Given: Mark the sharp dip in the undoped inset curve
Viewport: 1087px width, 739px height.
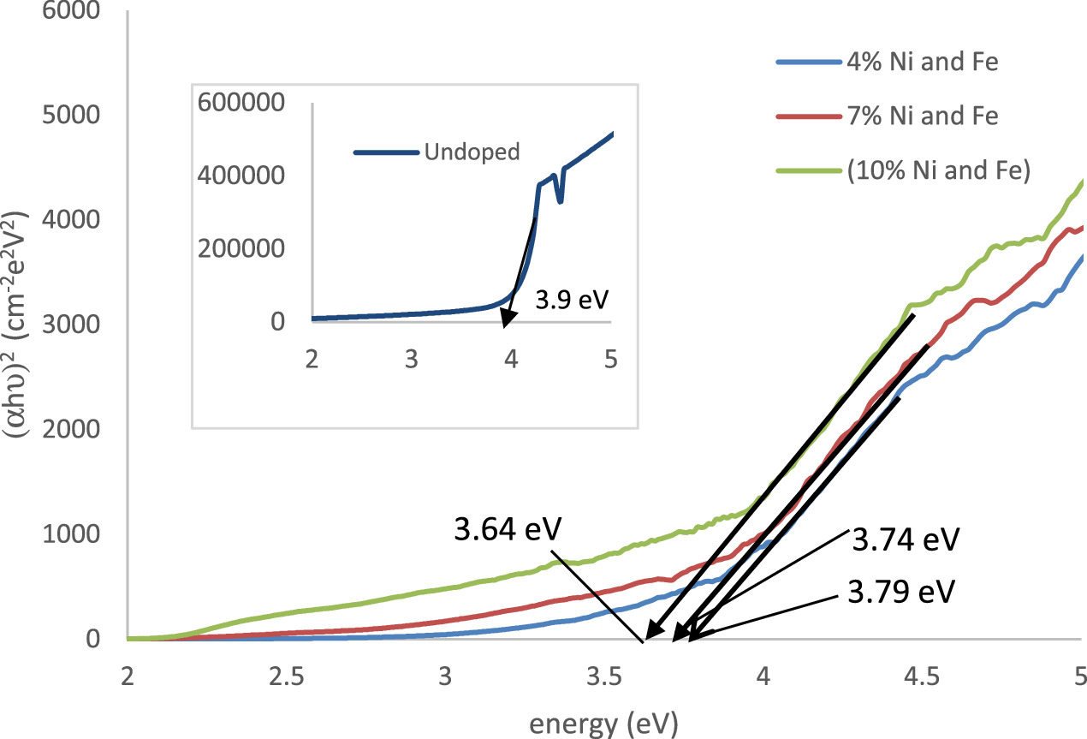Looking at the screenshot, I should point(560,200).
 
